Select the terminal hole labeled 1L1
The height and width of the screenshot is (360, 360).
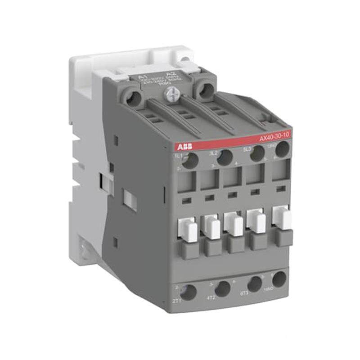pos(190,161)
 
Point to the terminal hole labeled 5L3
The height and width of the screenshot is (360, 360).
pos(257,153)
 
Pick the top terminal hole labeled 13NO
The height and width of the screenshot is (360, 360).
pos(282,149)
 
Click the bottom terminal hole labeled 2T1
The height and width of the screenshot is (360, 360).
pos(189,292)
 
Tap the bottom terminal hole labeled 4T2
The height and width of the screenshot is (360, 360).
pos(222,288)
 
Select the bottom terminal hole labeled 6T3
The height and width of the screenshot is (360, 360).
pos(255,283)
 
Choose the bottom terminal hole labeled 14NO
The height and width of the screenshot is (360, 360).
pos(279,279)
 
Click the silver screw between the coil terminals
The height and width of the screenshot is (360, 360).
pos(171,94)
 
